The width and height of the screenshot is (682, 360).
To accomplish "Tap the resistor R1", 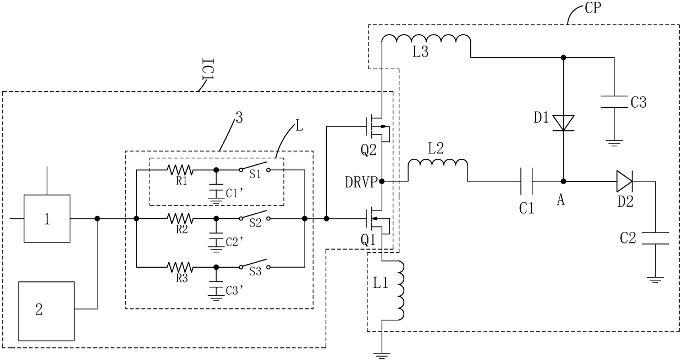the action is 180,170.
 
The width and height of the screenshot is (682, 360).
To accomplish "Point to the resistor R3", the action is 180,267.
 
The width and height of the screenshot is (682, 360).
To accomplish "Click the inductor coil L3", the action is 426,35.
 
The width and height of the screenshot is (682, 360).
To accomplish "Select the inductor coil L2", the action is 437,159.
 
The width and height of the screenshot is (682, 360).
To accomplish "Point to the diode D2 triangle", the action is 624,181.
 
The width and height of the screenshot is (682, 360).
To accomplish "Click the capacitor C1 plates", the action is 526,181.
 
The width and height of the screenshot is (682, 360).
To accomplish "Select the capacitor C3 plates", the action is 614,102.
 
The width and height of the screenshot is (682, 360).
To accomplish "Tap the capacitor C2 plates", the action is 655,238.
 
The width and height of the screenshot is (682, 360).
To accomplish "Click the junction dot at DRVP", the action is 382,181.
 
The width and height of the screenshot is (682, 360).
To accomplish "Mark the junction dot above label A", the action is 564,181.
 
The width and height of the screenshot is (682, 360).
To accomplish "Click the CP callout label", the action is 593,8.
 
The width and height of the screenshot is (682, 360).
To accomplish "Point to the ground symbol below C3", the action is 614,143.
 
